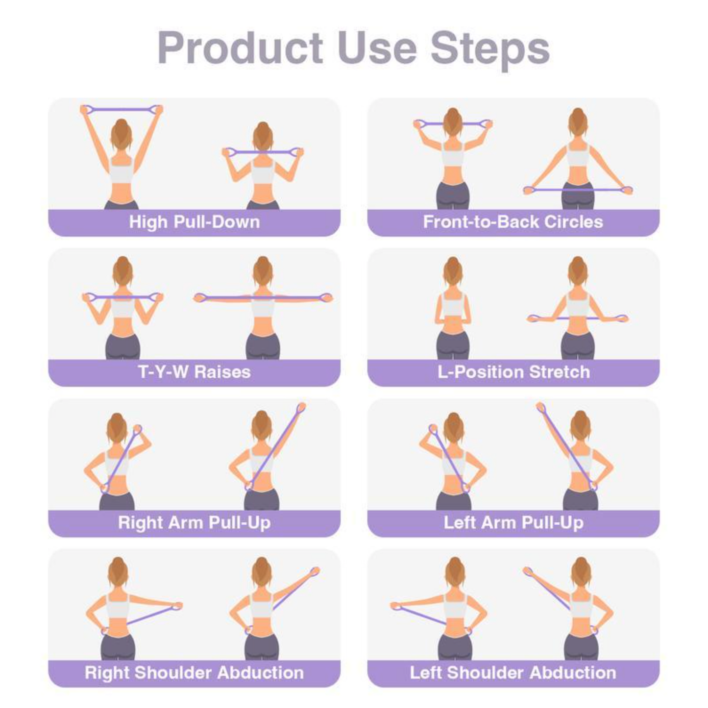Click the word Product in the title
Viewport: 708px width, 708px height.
click(240, 48)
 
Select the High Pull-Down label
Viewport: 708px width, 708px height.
click(195, 222)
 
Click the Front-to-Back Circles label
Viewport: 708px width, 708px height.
click(513, 222)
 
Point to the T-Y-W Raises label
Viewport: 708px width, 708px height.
click(195, 372)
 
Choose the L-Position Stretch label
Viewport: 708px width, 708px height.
click(513, 372)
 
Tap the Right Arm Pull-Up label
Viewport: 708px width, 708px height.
click(195, 522)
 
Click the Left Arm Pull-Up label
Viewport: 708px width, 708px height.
click(513, 522)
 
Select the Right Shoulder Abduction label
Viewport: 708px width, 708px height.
click(195, 673)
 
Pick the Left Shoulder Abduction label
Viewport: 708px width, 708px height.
click(513, 673)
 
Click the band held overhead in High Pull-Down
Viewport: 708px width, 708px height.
click(122, 109)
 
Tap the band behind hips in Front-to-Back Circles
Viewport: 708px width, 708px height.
click(578, 190)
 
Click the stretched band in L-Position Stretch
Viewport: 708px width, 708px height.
click(578, 318)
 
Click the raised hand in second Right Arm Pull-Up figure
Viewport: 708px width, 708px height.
click(301, 407)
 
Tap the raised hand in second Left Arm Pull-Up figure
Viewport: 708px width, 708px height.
click(540, 407)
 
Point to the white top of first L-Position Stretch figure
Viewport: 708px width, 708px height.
click(453, 306)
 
